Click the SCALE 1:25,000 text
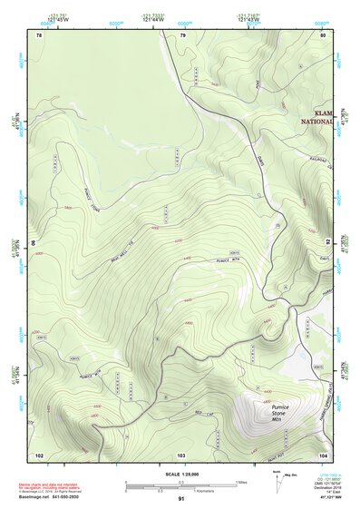click(181, 474)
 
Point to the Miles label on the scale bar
click(242, 481)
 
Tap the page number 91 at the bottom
click(181, 500)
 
